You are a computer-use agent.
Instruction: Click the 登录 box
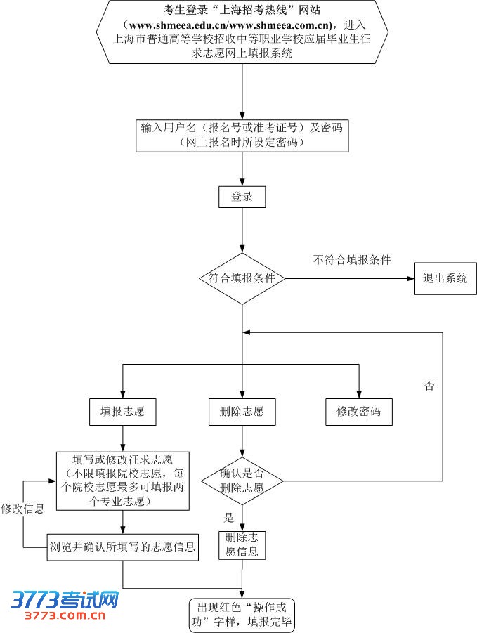[242, 197]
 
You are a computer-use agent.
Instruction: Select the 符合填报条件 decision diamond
[242, 279]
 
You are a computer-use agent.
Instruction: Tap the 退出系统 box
[445, 278]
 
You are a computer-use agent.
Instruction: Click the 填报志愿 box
[122, 412]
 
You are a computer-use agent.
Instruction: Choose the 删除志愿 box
[242, 412]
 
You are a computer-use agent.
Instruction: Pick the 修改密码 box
[359, 412]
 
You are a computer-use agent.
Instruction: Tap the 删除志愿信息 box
[242, 545]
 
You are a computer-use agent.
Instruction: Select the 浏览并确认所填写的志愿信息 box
[122, 545]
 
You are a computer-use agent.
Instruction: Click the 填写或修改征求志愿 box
[122, 481]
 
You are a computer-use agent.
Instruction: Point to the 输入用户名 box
[242, 135]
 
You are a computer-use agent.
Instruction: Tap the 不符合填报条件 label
[351, 260]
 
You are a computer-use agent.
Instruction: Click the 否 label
[429, 385]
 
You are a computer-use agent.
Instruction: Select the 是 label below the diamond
[228, 518]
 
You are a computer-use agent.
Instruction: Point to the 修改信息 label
[23, 509]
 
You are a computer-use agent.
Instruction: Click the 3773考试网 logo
[65, 600]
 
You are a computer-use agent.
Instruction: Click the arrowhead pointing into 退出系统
[411, 279]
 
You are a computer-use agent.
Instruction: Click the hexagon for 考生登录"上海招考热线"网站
[242, 32]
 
